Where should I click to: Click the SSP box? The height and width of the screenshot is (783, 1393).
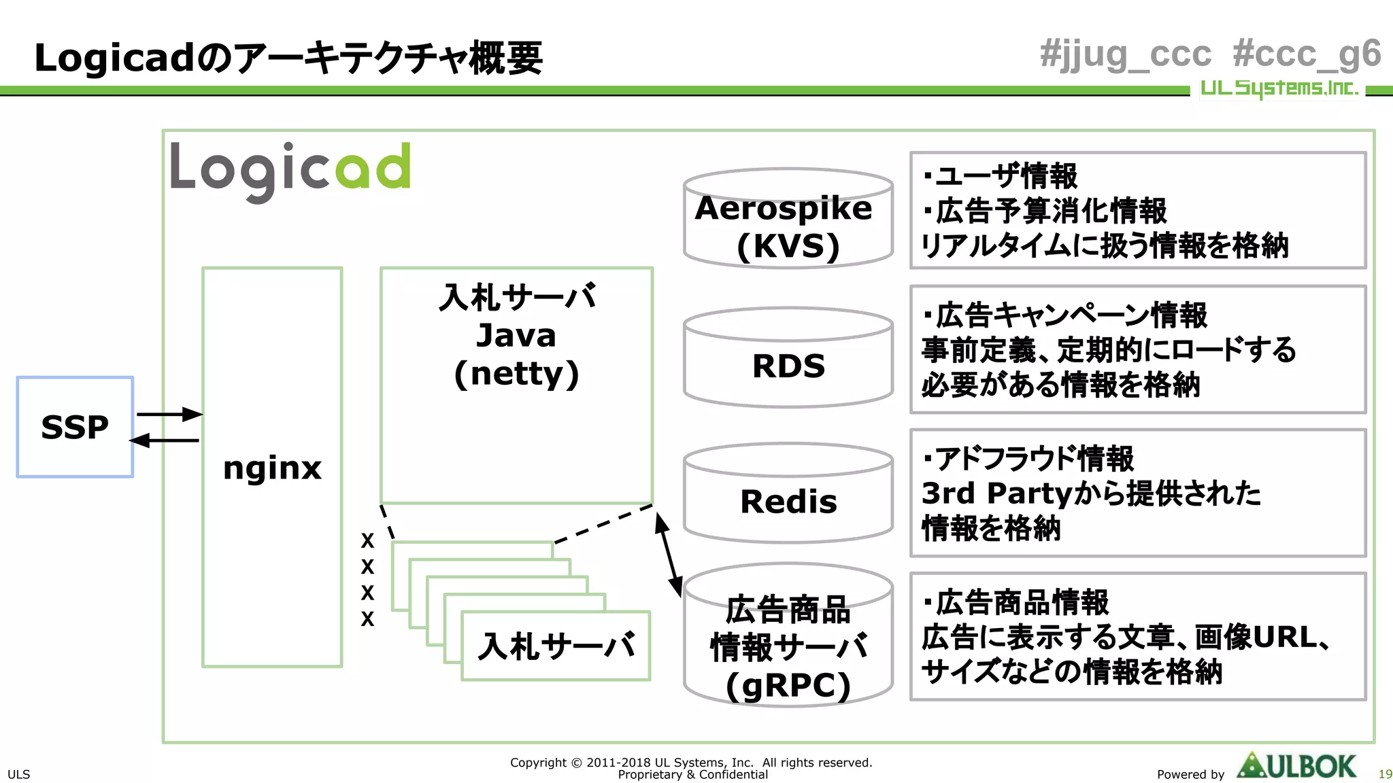tap(75, 427)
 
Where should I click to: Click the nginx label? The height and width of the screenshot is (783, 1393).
tap(272, 468)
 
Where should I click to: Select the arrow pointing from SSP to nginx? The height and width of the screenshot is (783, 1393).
tap(169, 414)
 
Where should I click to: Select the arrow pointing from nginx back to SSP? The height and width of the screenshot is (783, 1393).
tap(164, 440)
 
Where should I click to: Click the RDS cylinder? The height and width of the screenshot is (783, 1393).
tap(788, 366)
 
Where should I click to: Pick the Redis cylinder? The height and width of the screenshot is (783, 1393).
tap(788, 502)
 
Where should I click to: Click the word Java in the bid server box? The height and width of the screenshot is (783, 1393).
tap(516, 335)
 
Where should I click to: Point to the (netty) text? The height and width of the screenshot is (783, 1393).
tap(517, 373)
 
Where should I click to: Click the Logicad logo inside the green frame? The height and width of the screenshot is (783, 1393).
tap(290, 170)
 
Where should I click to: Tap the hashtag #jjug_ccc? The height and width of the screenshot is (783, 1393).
tap(1126, 54)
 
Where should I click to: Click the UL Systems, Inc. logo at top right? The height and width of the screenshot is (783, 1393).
tap(1279, 88)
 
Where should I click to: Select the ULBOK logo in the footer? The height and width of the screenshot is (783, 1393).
tap(1296, 767)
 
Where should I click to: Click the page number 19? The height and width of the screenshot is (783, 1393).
tap(1385, 774)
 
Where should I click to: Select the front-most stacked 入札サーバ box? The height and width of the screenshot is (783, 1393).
tap(556, 646)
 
